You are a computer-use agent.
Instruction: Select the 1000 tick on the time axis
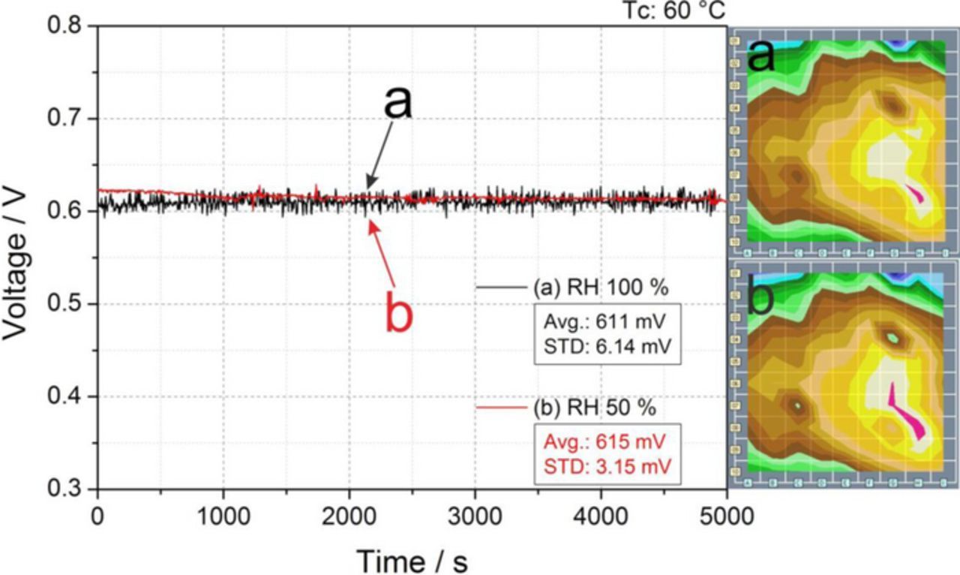click(223, 517)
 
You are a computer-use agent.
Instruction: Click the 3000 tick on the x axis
click(475, 517)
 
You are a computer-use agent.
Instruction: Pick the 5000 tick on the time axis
click(726, 517)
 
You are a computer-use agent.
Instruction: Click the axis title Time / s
click(412, 559)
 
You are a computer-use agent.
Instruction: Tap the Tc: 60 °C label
click(675, 11)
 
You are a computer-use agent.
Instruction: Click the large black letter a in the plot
click(397, 101)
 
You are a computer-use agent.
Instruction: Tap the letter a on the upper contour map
click(761, 56)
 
